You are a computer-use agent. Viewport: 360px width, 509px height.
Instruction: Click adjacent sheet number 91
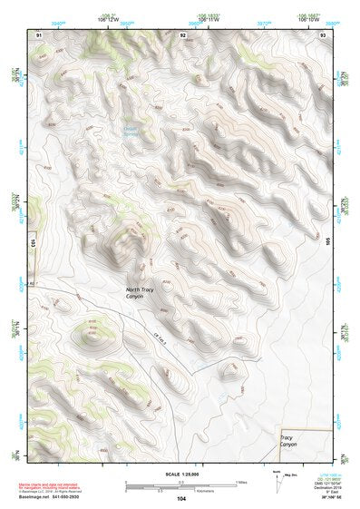(x=38, y=34)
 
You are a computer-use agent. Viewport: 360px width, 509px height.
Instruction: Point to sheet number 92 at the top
(x=182, y=34)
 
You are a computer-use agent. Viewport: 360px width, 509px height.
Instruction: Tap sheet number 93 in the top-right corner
(x=323, y=34)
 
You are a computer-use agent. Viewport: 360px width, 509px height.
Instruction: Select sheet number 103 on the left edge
(x=30, y=244)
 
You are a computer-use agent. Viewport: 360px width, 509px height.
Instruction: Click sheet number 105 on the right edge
(x=330, y=241)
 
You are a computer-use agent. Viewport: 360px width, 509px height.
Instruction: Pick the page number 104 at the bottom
(x=181, y=498)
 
